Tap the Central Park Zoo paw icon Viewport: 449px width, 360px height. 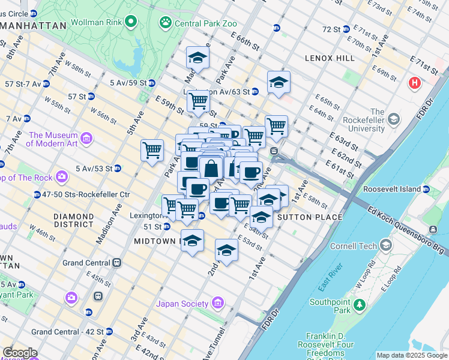pos(164,23)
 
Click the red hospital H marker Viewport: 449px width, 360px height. pos(414,83)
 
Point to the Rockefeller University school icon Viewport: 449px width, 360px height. pos(393,118)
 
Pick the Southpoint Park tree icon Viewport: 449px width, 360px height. pos(359,304)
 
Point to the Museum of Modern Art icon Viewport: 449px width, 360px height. pos(86,139)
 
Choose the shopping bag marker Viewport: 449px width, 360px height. pos(211,169)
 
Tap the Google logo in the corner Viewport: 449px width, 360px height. pos(19,353)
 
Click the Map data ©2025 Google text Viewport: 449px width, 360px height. pos(411,355)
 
